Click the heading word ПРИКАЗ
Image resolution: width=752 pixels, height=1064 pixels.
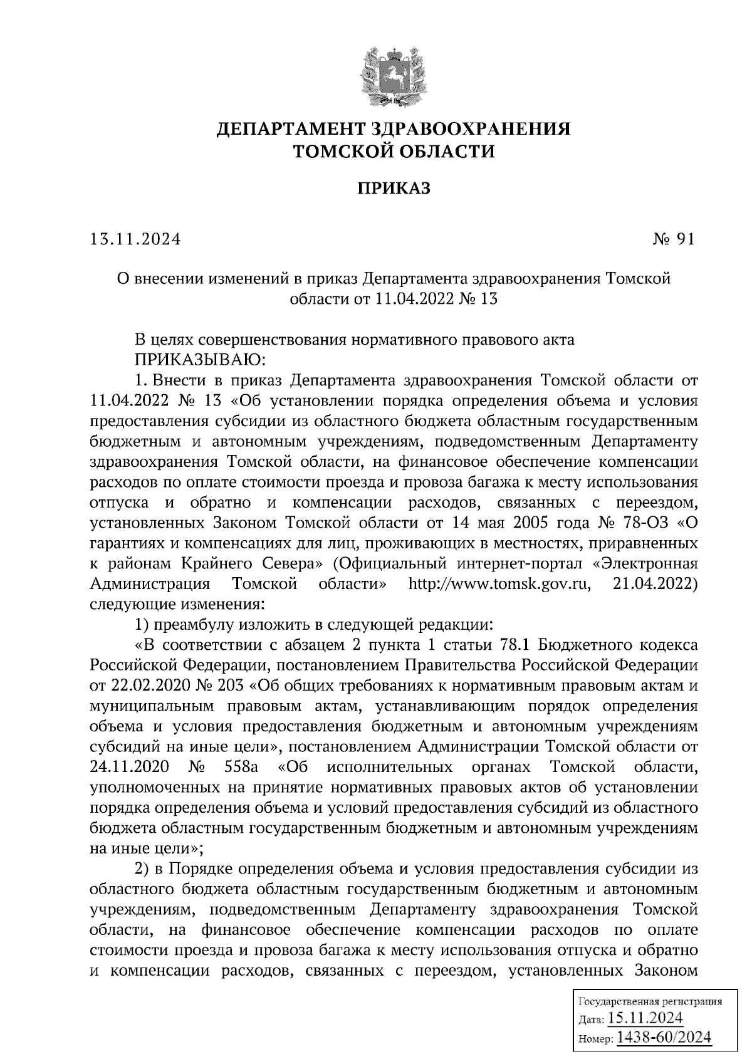tap(394, 188)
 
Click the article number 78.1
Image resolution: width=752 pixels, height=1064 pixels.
tap(516, 645)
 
